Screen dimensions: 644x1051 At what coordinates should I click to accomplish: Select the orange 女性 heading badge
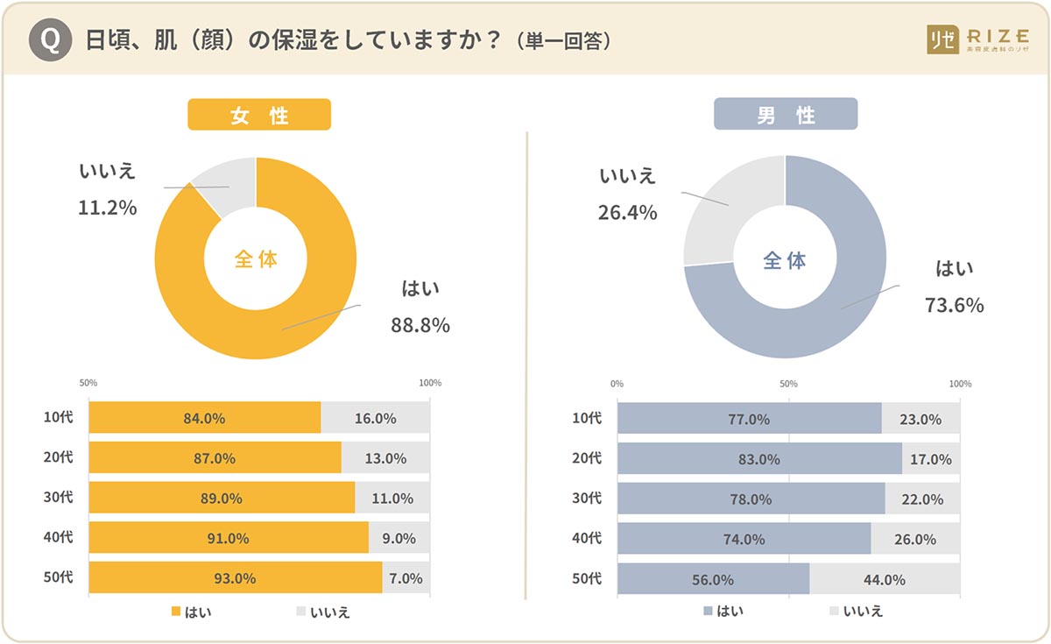click(259, 115)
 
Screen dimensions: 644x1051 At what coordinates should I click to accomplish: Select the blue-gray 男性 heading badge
click(785, 115)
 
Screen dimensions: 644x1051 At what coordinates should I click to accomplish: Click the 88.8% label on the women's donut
click(420, 326)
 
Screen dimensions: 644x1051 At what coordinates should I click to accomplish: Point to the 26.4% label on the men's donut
click(628, 213)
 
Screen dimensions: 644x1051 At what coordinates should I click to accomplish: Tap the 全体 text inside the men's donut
click(785, 260)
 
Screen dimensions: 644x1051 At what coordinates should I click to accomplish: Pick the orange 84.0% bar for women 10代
click(204, 418)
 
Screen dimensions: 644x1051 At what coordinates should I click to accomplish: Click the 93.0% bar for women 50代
click(235, 578)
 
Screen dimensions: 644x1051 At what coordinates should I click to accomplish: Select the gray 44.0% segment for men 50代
click(885, 579)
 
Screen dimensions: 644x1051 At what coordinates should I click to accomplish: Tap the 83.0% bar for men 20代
click(758, 458)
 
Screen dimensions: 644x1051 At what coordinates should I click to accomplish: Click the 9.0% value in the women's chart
click(399, 539)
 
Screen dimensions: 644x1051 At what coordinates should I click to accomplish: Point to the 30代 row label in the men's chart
click(587, 499)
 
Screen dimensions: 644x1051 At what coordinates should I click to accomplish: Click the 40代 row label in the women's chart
click(59, 538)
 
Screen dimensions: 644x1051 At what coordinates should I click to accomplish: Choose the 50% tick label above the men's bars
click(788, 384)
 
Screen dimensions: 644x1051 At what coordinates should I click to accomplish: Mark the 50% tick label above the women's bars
click(88, 383)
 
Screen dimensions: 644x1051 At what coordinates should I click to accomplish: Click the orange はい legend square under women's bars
click(175, 612)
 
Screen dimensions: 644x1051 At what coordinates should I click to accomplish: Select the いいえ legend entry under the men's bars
click(855, 611)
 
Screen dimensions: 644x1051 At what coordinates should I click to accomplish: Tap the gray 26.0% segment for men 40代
click(915, 539)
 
